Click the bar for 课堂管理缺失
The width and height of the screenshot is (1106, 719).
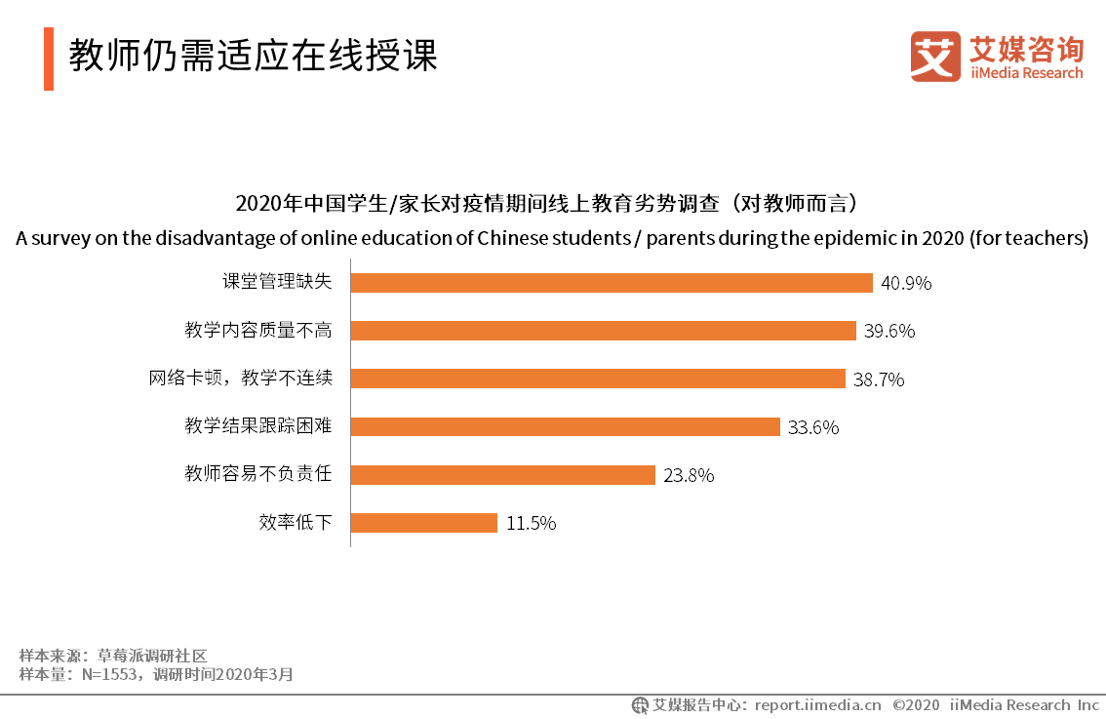[611, 283]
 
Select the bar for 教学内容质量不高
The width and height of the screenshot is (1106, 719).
[603, 331]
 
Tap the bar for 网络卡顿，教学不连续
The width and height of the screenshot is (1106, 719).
[597, 379]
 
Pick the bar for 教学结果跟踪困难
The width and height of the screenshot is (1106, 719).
[565, 426]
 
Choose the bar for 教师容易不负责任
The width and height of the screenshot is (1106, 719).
[502, 475]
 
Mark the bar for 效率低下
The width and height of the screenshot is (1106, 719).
[423, 523]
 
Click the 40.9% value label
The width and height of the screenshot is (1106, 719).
[906, 284]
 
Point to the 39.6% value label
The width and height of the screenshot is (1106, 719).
[889, 332]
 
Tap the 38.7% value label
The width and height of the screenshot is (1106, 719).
[879, 379]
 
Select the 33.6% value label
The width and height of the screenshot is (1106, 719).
[813, 427]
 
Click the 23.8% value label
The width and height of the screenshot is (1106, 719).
[689, 476]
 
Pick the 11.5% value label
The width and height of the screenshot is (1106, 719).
[531, 524]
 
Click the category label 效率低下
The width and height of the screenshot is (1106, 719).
[296, 523]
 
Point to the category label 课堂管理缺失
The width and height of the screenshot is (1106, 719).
[277, 283]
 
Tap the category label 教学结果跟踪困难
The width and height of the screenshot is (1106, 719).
[258, 426]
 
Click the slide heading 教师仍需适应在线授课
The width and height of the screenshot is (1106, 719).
[253, 56]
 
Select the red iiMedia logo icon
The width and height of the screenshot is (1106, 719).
[935, 58]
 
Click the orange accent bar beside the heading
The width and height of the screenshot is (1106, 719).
[49, 59]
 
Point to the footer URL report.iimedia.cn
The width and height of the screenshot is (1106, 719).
[817, 705]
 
